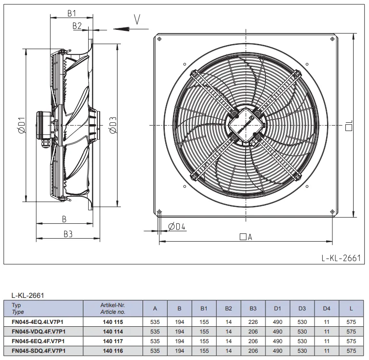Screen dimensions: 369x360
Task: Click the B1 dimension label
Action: click(72, 13)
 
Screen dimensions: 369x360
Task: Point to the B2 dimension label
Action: click(77, 26)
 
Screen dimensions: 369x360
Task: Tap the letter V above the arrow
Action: click(137, 19)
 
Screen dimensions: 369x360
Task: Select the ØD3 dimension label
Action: click(113, 125)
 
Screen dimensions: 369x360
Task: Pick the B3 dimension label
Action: click(68, 234)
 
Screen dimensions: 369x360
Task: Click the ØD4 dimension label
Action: click(177, 226)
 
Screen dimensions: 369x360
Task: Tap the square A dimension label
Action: click(246, 237)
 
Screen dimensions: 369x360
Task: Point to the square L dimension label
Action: click(349, 125)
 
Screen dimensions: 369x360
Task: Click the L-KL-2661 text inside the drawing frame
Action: click(341, 258)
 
